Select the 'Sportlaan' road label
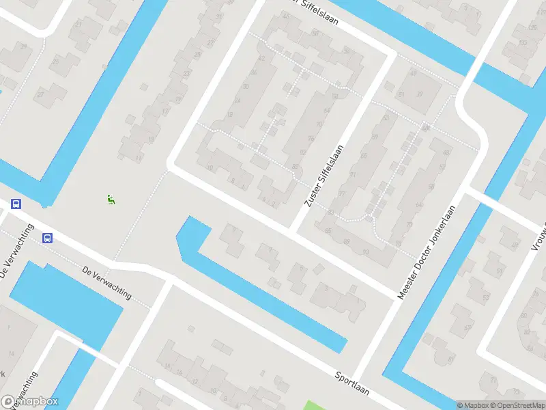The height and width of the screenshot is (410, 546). point(351,383)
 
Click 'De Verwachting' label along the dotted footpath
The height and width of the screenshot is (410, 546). point(106,282)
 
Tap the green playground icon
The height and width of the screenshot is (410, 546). point(111,200)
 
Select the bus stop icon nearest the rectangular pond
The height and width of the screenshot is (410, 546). point(47,238)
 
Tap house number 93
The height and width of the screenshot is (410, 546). point(365,252)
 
